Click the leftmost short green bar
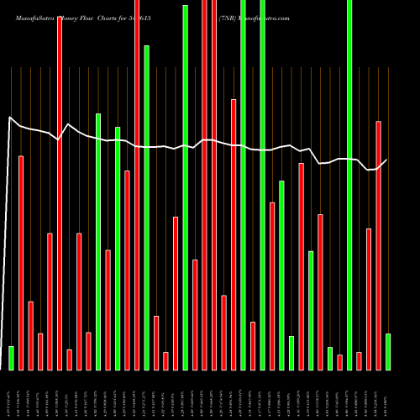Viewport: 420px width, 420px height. [x=11, y=358]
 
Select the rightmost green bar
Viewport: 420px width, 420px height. [x=387, y=352]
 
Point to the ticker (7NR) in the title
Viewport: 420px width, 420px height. [x=227, y=18]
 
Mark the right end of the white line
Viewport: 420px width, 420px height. [x=386, y=160]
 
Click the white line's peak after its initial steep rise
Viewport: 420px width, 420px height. [x=11, y=118]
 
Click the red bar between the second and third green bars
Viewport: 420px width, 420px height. [x=108, y=310]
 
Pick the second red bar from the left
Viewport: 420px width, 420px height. [x=30, y=335]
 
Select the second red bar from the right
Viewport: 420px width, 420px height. [x=369, y=299]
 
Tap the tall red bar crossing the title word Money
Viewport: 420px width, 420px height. [x=60, y=193]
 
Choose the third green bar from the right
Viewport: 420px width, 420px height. [x=330, y=358]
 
